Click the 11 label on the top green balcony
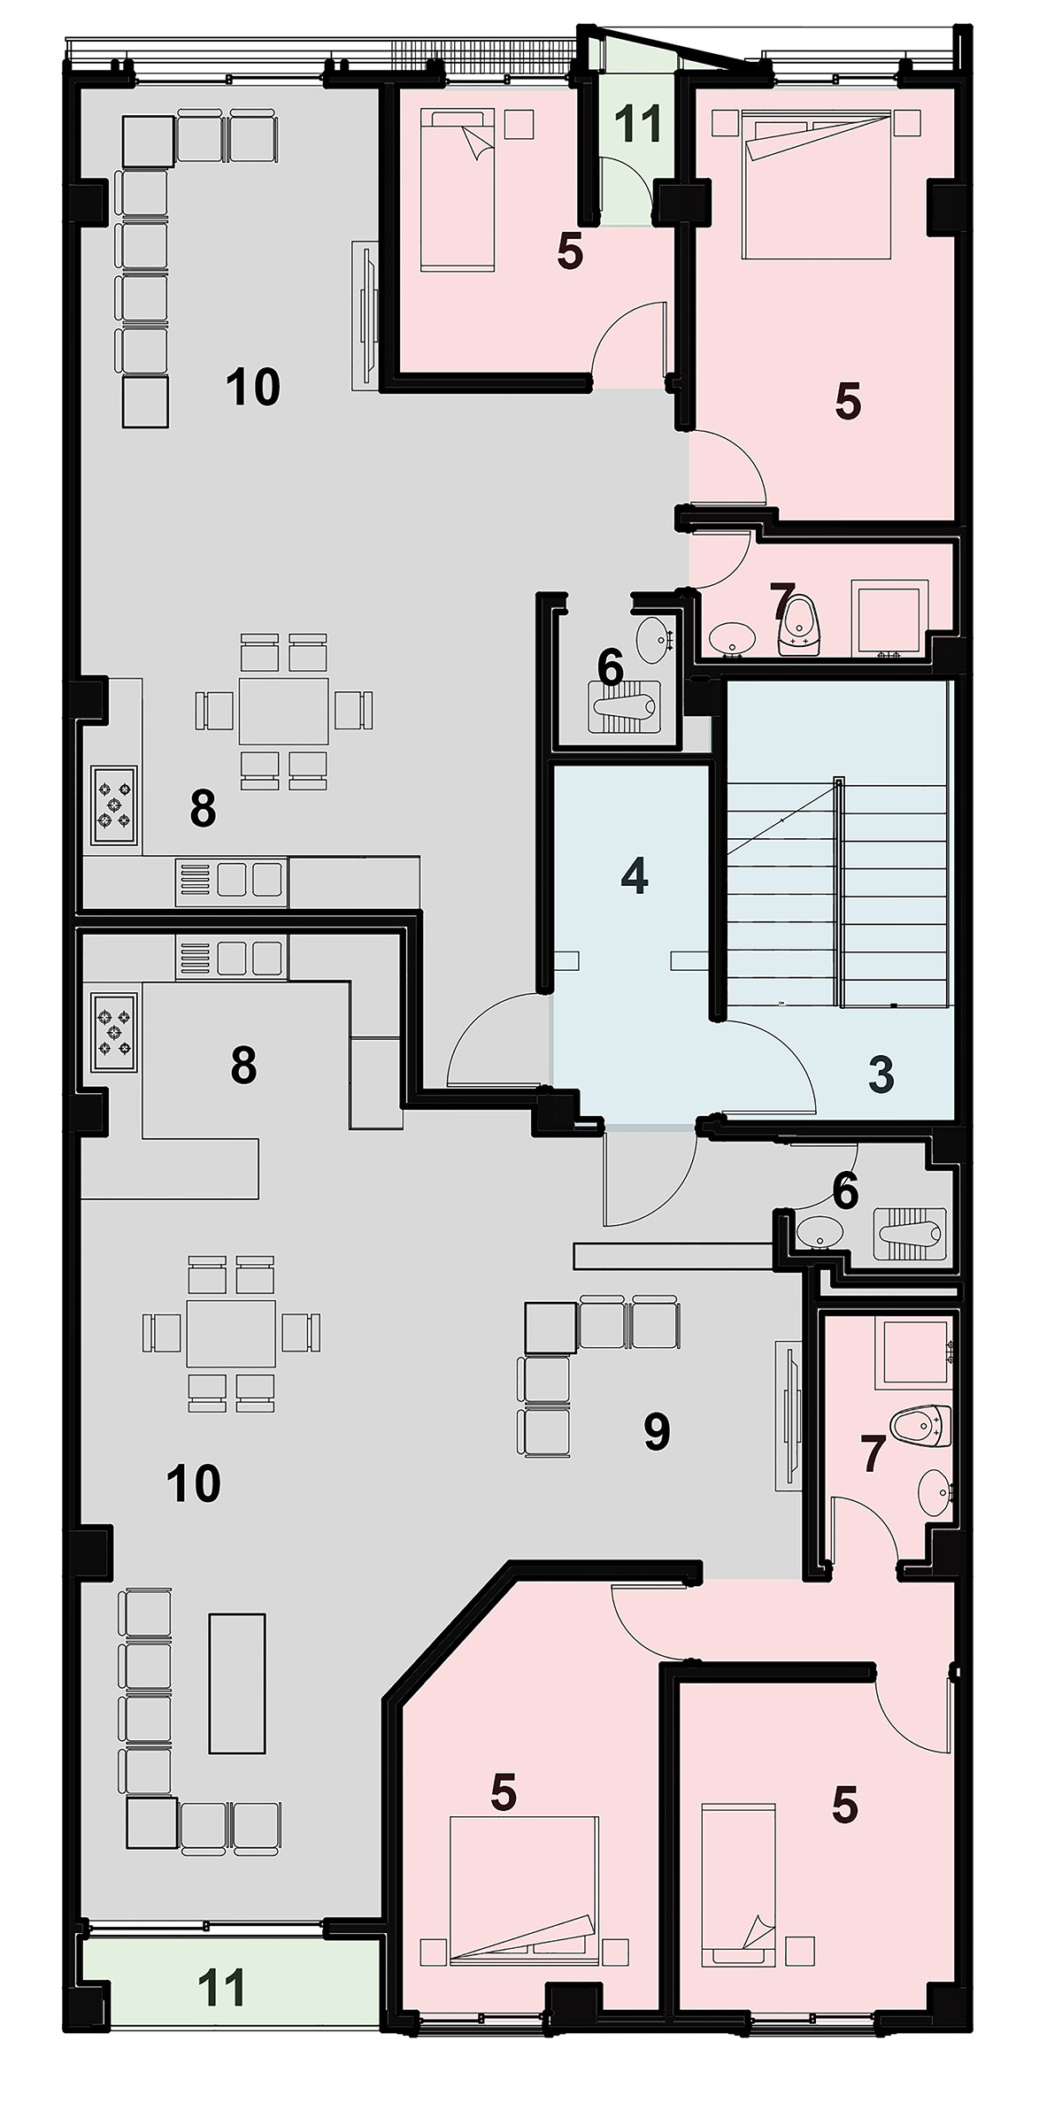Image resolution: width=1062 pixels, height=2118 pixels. pyautogui.click(x=639, y=123)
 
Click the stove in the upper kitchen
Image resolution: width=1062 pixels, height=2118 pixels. pyautogui.click(x=113, y=805)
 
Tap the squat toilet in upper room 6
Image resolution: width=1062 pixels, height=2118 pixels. pyautogui.click(x=623, y=708)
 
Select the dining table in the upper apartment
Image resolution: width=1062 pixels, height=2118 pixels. pyautogui.click(x=283, y=710)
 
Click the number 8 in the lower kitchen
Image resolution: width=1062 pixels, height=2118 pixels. pyautogui.click(x=243, y=1066)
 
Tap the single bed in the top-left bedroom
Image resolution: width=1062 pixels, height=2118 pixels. pyautogui.click(x=457, y=189)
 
